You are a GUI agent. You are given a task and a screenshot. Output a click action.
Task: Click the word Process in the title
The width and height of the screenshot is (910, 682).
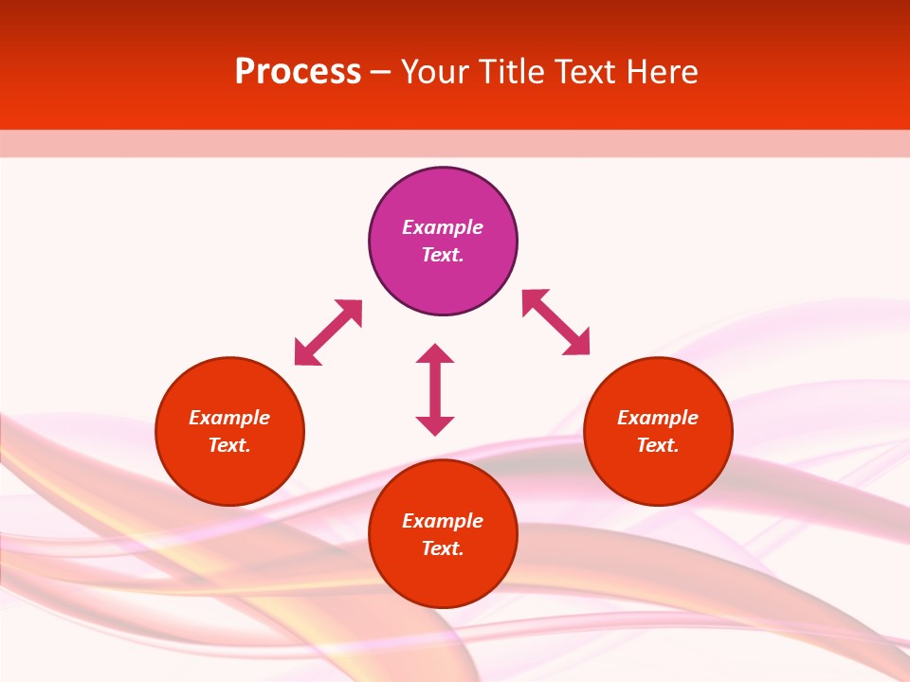click(x=298, y=72)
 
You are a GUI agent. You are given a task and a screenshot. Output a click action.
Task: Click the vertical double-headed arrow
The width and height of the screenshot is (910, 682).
click(x=435, y=389)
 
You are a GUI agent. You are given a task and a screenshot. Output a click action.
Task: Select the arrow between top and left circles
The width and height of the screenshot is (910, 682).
click(x=328, y=332)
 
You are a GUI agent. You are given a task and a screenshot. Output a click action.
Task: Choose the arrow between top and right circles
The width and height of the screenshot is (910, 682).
click(x=555, y=322)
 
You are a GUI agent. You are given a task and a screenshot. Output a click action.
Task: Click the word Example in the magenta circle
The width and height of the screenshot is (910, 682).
click(x=443, y=227)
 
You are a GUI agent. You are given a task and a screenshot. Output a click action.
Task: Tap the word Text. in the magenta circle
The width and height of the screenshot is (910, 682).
click(x=443, y=255)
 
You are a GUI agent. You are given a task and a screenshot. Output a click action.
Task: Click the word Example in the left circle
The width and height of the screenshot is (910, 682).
click(x=229, y=418)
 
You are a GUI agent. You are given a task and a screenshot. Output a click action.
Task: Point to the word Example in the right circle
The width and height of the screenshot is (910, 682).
click(x=658, y=418)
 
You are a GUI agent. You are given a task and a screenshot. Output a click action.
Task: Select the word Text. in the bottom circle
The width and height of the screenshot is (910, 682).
click(x=443, y=548)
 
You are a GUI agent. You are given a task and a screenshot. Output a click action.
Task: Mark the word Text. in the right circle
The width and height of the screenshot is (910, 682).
click(x=658, y=445)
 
